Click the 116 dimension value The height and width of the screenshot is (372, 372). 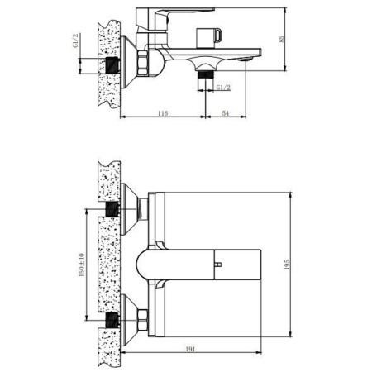[x=163, y=113]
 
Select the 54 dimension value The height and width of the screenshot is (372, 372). [x=226, y=113]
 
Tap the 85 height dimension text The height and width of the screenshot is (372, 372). [x=281, y=39]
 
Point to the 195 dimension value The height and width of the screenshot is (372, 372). [x=287, y=265]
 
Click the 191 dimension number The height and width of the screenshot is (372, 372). [x=190, y=349]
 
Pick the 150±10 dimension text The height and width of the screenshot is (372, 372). [x=82, y=265]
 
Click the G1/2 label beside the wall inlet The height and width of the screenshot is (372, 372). [x=76, y=41]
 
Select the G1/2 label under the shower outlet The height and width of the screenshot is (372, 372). [x=223, y=88]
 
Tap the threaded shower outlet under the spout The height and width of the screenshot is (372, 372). [x=206, y=75]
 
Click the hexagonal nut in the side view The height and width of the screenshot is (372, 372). [x=142, y=63]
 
